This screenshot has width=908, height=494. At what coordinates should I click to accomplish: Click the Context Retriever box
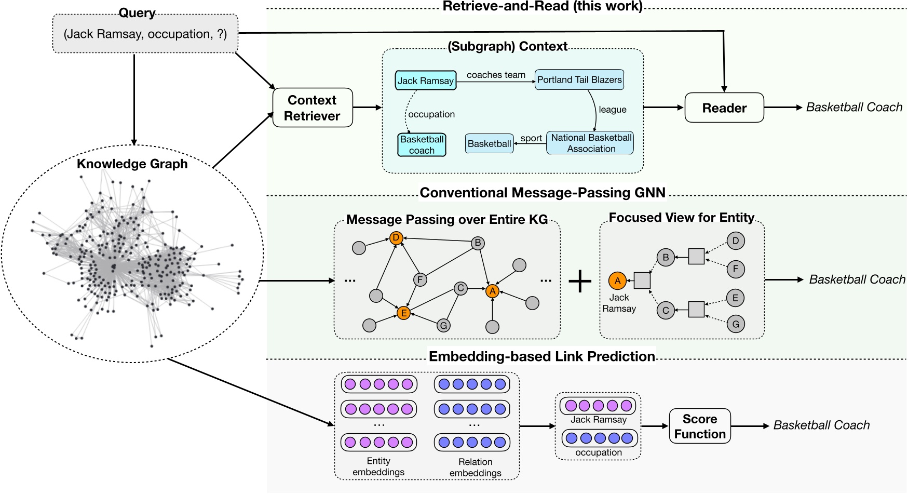coord(313,108)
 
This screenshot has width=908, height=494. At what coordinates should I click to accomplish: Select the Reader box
coord(724,108)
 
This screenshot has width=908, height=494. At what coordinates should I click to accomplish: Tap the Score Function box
coord(699,426)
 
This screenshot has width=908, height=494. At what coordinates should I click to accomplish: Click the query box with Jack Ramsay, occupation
coord(145,34)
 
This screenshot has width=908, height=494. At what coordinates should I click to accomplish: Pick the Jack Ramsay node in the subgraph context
coord(425,81)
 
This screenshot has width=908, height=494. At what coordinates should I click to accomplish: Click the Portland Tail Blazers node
coord(579,80)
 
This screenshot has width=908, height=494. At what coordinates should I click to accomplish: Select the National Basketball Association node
coord(590,143)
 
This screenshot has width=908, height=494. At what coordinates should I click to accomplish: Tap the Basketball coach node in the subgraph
coord(422,145)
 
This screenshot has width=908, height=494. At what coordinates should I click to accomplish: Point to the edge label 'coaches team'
coord(496,75)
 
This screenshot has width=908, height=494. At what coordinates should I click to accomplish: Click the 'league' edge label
coord(612,110)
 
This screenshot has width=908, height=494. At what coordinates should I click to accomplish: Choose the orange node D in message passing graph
coord(396,238)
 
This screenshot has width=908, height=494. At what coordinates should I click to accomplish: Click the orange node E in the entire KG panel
coord(403,313)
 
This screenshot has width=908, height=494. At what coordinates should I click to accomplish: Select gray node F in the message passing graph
coord(420,280)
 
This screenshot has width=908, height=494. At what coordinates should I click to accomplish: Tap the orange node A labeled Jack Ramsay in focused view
coord(617,281)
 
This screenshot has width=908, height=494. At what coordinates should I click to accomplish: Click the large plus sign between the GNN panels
coord(580,281)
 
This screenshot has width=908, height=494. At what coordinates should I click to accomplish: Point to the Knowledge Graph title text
coord(132,164)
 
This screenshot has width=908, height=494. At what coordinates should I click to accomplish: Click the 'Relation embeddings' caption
coord(475,468)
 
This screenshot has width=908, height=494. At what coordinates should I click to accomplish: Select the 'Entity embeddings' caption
coord(378,466)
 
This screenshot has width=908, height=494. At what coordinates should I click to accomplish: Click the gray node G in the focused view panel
coord(736,324)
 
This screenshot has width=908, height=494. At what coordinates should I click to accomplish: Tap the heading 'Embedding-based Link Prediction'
coord(541,356)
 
